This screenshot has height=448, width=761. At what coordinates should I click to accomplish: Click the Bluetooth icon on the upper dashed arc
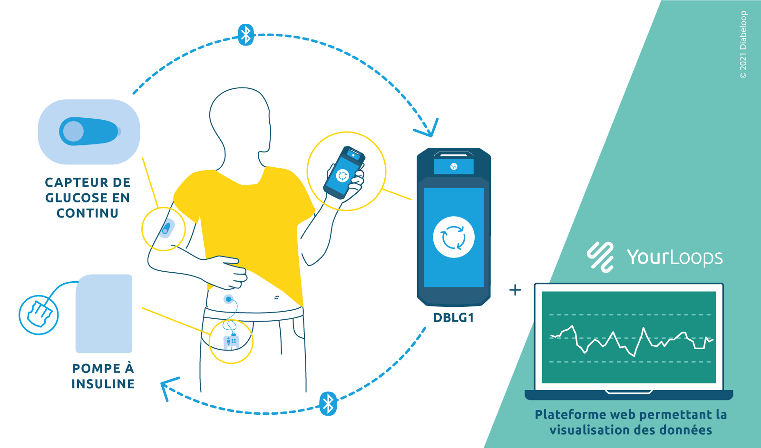245,35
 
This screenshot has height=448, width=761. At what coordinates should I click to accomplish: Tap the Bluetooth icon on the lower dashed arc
328,404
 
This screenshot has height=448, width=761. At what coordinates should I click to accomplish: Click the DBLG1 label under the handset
453,318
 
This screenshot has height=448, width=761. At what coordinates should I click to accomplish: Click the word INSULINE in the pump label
103,384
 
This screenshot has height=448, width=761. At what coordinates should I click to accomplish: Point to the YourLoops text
674,257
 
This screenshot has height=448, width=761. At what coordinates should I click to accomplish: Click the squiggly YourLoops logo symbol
600,257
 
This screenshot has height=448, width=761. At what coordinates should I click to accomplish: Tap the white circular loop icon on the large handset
453,237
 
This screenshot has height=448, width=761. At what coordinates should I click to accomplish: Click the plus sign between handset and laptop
515,290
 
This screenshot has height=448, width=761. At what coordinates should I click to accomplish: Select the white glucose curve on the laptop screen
633,340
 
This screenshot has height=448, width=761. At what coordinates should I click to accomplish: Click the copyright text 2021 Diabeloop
743,45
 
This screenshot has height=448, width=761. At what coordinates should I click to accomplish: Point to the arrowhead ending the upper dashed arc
428,129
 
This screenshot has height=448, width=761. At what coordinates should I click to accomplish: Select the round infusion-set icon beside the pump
39,315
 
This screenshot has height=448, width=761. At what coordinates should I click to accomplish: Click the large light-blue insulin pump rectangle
104,314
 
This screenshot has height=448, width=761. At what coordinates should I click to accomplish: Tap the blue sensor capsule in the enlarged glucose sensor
88,131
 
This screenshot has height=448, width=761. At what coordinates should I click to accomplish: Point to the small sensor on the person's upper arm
165,228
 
